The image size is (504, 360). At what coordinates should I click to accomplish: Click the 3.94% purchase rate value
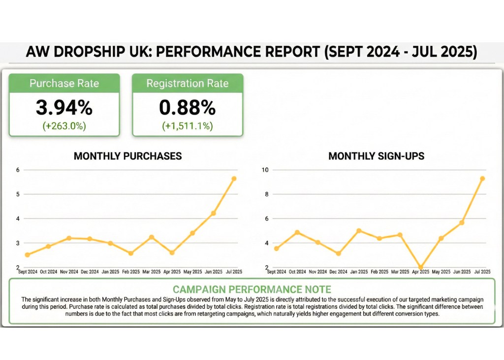point(64,107)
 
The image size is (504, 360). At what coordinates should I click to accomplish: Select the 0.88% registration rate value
point(187,107)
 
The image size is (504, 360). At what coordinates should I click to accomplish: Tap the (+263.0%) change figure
point(64,126)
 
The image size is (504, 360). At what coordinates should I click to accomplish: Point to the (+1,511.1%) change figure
point(187,126)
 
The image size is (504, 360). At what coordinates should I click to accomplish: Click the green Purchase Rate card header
point(64,83)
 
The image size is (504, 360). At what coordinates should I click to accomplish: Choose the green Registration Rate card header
point(187,83)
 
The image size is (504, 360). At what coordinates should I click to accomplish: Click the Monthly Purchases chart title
point(127,156)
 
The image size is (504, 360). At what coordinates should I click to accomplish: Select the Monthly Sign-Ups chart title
point(376,156)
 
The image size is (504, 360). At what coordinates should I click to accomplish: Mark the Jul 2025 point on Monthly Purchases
point(234,179)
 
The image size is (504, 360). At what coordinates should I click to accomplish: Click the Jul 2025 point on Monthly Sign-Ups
point(482,179)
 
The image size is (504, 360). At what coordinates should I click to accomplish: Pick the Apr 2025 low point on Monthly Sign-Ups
point(420,268)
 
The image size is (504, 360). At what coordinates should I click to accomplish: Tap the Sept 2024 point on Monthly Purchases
point(28,255)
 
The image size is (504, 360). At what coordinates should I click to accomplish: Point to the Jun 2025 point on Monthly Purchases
point(213,213)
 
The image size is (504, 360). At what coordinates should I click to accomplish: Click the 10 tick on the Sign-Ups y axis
point(265,170)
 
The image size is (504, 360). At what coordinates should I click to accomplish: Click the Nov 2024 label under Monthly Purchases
point(69,271)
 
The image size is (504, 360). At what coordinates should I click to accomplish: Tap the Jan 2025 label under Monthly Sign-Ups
point(358,271)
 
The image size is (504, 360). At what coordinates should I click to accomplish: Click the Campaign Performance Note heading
point(252,289)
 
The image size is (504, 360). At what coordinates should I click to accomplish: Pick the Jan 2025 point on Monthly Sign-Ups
point(358,231)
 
